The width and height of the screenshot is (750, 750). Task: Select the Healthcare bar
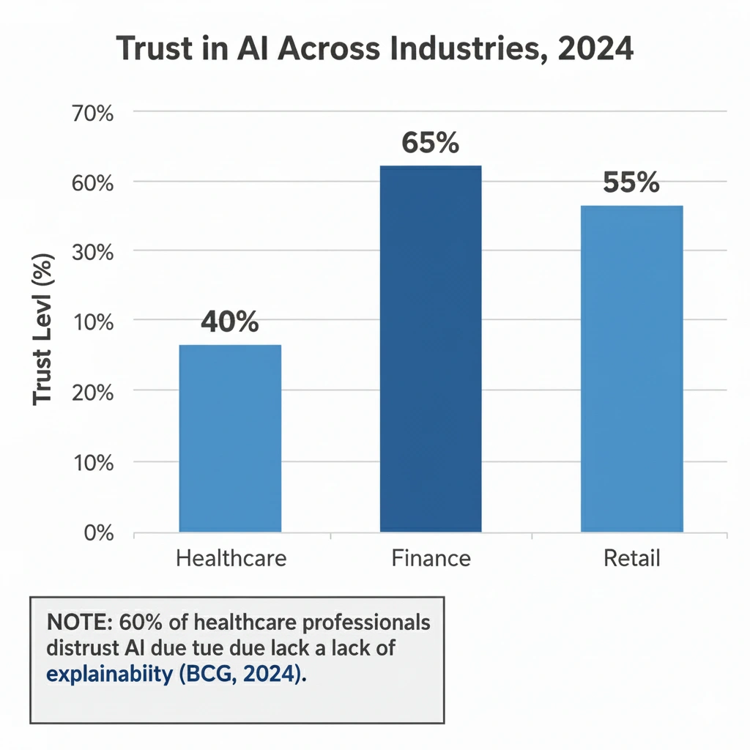tap(230, 438)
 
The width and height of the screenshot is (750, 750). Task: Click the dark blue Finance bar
tap(431, 349)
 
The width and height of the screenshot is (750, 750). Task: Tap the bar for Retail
tap(631, 368)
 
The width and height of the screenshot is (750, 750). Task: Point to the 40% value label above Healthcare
tap(230, 322)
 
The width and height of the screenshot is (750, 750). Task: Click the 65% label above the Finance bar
tap(431, 144)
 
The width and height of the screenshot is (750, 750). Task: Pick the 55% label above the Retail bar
tap(631, 183)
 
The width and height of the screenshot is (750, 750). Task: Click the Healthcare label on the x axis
tap(231, 559)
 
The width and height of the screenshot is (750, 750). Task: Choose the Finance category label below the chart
tap(431, 559)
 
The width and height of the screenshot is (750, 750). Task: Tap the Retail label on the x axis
tap(631, 559)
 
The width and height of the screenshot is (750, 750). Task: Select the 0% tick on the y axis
tap(98, 532)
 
